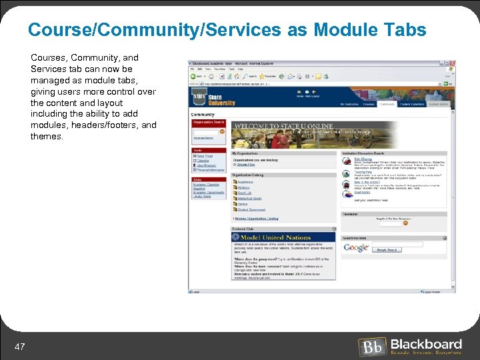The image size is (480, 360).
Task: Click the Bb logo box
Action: pos(371,347)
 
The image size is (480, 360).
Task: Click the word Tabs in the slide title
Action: pos(401,30)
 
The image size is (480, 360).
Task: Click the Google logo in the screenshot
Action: pos(356,247)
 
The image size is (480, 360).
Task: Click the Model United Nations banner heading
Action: pos(275,237)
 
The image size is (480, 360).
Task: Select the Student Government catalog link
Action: pos(251,209)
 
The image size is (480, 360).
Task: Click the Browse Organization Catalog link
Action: pos(257,218)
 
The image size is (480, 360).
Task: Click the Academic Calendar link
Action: pos(207,185)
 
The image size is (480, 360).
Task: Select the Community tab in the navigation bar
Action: pos(387,104)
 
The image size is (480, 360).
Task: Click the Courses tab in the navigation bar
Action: pos(369,104)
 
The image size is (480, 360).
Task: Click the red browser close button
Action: pos(453,63)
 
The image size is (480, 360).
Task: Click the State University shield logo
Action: pos(199,97)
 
